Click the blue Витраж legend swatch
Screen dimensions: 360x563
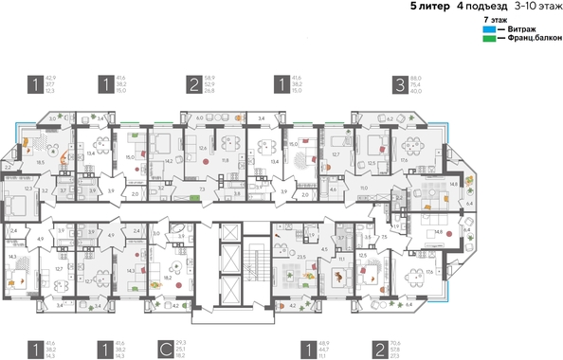point(488,29)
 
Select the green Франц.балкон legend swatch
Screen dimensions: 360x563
point(488,39)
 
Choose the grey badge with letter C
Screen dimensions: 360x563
point(165,351)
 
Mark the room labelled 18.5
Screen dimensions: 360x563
point(40,163)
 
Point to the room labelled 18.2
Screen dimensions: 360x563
point(168,279)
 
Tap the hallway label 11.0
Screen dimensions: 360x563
point(364,189)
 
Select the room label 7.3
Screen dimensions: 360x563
point(206,189)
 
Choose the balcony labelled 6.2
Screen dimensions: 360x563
point(390,118)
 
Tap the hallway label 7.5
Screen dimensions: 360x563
point(384,237)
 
